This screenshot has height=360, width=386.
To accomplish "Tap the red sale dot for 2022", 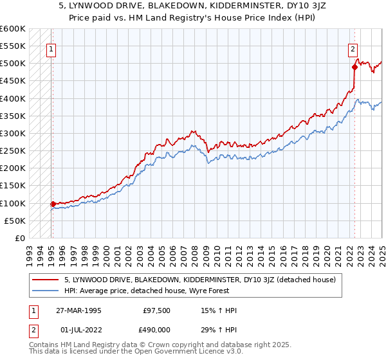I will pos(354,67).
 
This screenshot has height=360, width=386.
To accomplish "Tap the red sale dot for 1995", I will pos(53,204).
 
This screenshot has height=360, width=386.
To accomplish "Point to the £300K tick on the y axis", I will pos(13,134).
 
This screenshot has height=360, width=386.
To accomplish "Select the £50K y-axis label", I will pos(15,221).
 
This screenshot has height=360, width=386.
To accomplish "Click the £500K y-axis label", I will pos(13,64).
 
